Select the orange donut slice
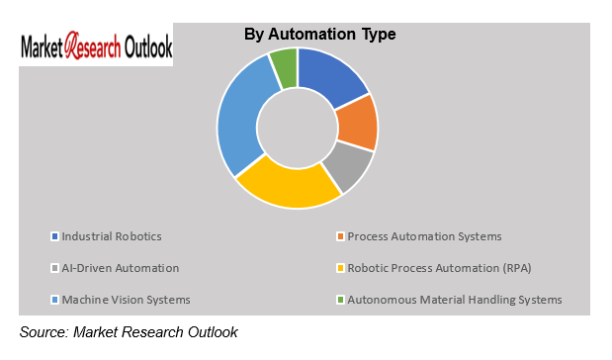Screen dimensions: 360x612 pos(358,122)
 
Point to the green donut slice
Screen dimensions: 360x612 pos(284,67)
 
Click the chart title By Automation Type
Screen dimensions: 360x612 pos(319,35)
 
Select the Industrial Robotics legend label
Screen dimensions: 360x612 pos(111,236)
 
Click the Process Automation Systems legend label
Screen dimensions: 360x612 pos(423,236)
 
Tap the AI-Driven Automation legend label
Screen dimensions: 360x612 pos(120,268)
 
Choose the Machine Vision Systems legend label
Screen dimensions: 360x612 pos(126,300)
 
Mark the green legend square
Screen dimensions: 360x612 pos(339,300)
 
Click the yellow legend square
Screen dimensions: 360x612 pos(339,268)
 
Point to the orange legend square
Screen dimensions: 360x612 pos(339,236)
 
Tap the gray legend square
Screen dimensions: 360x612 pos(54,268)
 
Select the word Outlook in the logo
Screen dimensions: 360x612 pos(146,46)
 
